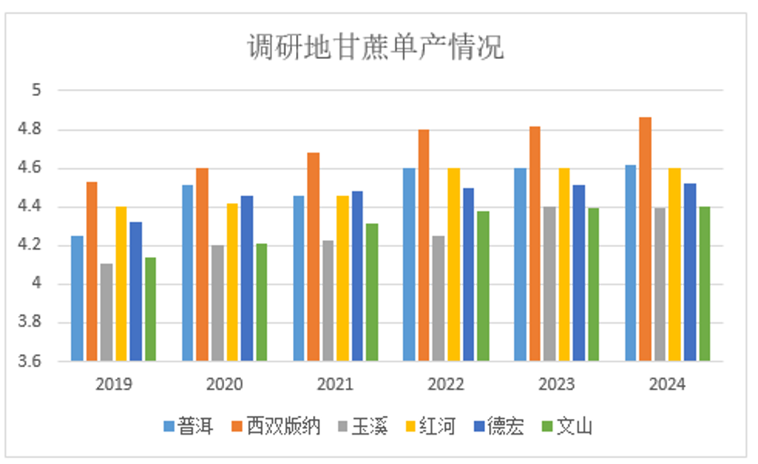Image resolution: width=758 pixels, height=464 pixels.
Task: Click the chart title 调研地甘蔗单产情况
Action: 375,47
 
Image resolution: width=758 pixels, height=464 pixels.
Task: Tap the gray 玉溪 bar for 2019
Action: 106,312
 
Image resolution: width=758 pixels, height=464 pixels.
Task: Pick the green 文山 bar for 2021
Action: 373,292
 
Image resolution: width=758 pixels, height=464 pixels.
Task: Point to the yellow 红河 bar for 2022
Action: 453,264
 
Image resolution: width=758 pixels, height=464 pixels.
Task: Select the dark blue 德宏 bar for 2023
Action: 579,273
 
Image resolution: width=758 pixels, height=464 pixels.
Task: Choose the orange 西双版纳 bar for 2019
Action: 91,271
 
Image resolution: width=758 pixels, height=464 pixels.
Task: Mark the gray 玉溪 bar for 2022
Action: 439,298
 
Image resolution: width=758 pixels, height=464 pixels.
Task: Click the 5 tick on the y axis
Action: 36,91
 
